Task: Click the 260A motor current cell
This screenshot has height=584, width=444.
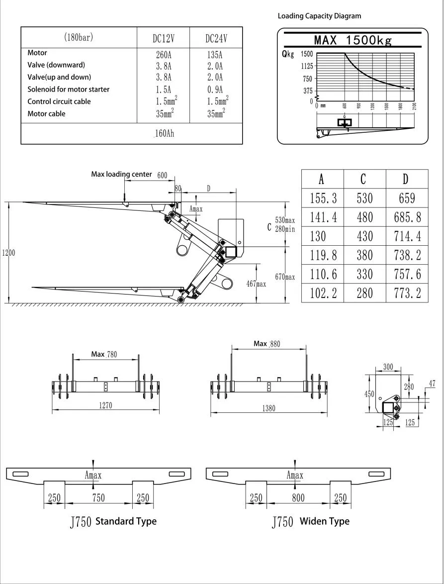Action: (164, 55)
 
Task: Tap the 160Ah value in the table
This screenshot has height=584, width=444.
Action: (164, 133)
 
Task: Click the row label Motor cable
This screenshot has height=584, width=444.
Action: (46, 114)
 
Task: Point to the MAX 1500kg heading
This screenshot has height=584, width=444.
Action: (353, 40)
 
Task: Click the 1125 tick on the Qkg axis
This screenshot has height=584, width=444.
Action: (306, 66)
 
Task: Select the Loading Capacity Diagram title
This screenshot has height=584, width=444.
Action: (319, 16)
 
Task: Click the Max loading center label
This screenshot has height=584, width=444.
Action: (121, 175)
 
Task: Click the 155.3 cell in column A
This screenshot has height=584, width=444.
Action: (323, 198)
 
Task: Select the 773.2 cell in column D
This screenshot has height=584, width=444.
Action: (406, 293)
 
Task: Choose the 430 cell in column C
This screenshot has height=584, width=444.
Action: (364, 236)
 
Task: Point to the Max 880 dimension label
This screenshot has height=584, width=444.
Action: (267, 344)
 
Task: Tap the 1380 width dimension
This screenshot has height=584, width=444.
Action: (268, 408)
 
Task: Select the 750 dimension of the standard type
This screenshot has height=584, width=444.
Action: (98, 498)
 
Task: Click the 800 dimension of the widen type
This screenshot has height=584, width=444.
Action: (298, 498)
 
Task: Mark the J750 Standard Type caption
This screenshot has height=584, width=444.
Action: (113, 521)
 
